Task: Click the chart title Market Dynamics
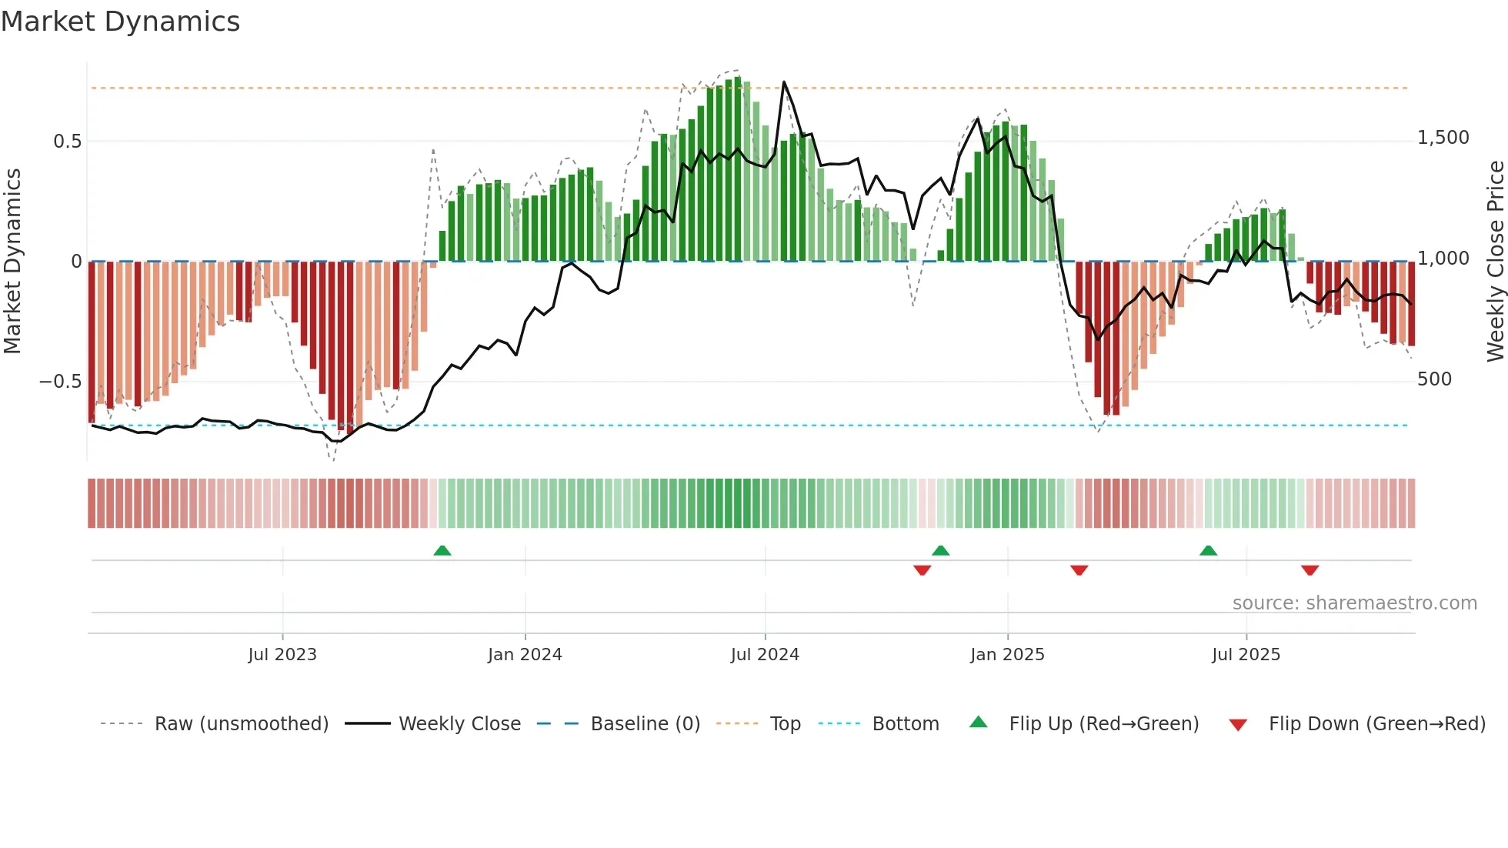(120, 22)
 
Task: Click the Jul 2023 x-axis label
(282, 655)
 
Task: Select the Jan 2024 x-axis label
(525, 655)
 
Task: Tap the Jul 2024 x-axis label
(765, 655)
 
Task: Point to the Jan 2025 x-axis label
(1007, 655)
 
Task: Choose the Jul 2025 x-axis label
(1246, 655)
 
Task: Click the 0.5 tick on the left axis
(67, 142)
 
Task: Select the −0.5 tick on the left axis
(60, 382)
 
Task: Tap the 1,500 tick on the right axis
(1443, 138)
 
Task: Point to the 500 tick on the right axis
(1434, 379)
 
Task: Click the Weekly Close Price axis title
(1495, 261)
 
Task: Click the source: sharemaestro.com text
(1354, 603)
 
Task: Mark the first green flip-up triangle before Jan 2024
(442, 551)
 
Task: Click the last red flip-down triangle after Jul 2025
(1310, 570)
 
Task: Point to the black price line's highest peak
(784, 82)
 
